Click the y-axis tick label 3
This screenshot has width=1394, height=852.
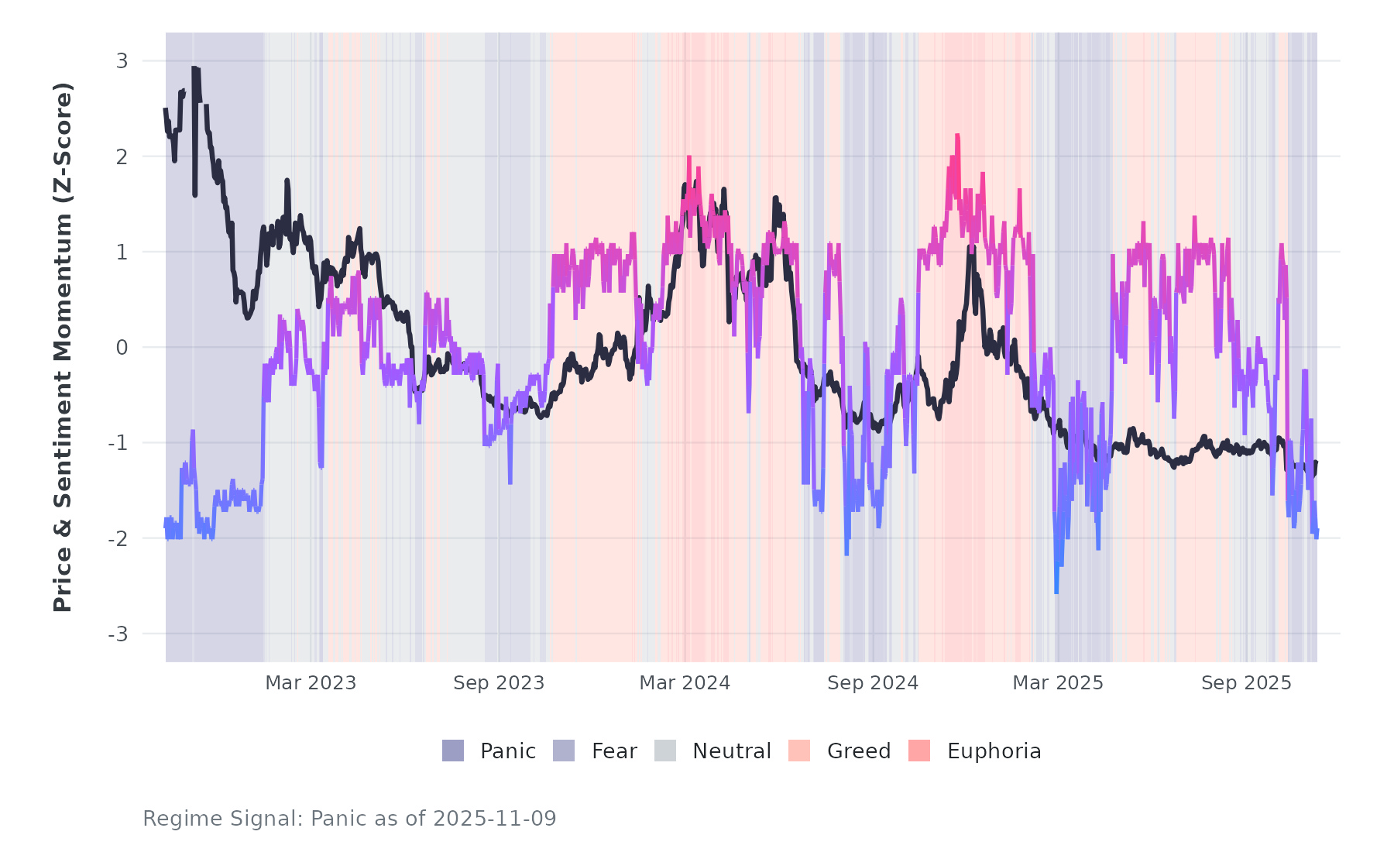point(122,61)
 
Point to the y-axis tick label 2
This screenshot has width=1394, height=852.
point(122,156)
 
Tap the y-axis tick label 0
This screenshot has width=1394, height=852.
point(122,348)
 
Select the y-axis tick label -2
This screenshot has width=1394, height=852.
point(118,539)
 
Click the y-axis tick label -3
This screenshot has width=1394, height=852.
point(118,634)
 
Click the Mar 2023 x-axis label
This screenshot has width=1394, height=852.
point(311,683)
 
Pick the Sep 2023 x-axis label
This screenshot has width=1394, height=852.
point(499,683)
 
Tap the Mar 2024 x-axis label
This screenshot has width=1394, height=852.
point(685,683)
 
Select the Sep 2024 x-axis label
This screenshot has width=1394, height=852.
point(873,683)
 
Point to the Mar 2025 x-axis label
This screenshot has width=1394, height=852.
point(1058,683)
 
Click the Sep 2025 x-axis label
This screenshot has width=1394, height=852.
point(1246,683)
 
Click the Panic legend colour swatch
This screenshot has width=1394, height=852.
point(453,751)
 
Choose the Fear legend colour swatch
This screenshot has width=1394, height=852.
point(564,751)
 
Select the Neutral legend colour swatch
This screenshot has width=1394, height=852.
point(665,751)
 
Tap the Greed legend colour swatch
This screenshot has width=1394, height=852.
point(799,751)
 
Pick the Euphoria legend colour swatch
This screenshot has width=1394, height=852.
point(919,751)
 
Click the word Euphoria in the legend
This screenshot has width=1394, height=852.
point(994,751)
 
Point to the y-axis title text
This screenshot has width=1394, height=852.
point(63,347)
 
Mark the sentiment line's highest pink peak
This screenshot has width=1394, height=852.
point(957,136)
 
